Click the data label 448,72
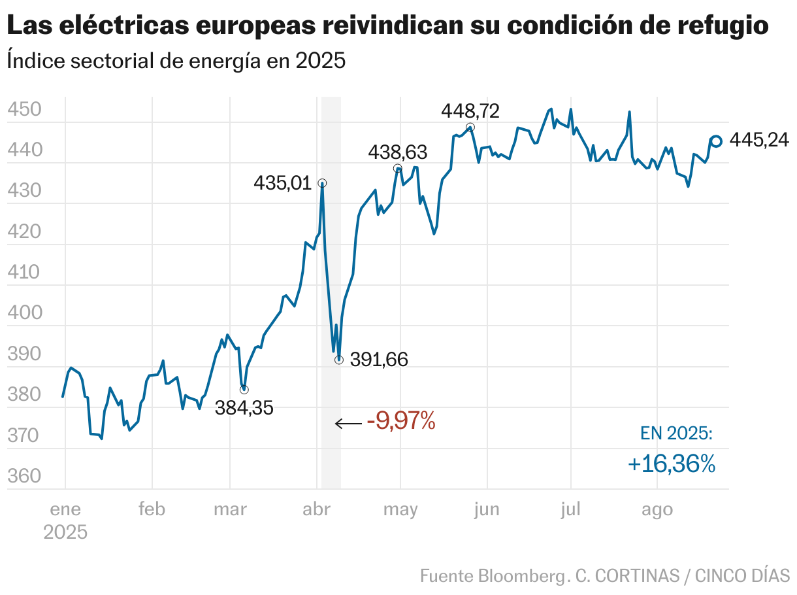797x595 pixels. coord(470,111)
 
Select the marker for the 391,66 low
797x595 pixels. coord(338,360)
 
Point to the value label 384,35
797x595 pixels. coord(244,409)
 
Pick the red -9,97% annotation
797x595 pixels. coord(401,421)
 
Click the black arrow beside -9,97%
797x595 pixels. coord(348,424)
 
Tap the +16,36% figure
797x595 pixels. coord(672,464)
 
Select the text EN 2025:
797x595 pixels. coord(676,433)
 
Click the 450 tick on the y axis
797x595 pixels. coord(24,109)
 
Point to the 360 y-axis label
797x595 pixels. coord(24,477)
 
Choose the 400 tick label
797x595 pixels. coord(24,313)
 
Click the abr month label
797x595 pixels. coord(316,510)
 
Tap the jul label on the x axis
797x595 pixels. coord(570,510)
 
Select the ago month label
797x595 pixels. coord(657,510)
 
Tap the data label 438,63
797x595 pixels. coord(397,153)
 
